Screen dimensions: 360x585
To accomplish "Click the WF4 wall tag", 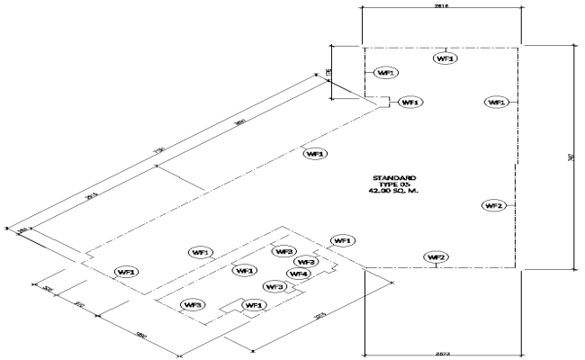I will point(299,274).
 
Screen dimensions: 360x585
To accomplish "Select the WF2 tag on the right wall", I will point(492,206).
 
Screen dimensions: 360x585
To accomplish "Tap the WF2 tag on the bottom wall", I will point(436,257).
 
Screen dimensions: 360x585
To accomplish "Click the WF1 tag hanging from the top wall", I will point(445,58).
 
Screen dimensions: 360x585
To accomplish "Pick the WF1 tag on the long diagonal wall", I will point(315,154).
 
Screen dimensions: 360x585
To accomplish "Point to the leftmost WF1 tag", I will point(126,271).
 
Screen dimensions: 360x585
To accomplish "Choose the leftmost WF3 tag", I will point(192,304).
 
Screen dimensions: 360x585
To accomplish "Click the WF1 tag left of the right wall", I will point(496,103).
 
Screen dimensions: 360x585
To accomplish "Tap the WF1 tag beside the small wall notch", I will point(409,103).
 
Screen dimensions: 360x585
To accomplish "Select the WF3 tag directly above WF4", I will point(306,262).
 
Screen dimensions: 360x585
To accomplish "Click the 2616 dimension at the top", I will point(442,4).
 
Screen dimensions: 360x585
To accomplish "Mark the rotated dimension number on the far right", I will point(572,158).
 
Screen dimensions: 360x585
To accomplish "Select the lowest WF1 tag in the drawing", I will point(253,306).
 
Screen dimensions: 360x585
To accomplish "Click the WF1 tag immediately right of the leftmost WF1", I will point(200,252).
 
